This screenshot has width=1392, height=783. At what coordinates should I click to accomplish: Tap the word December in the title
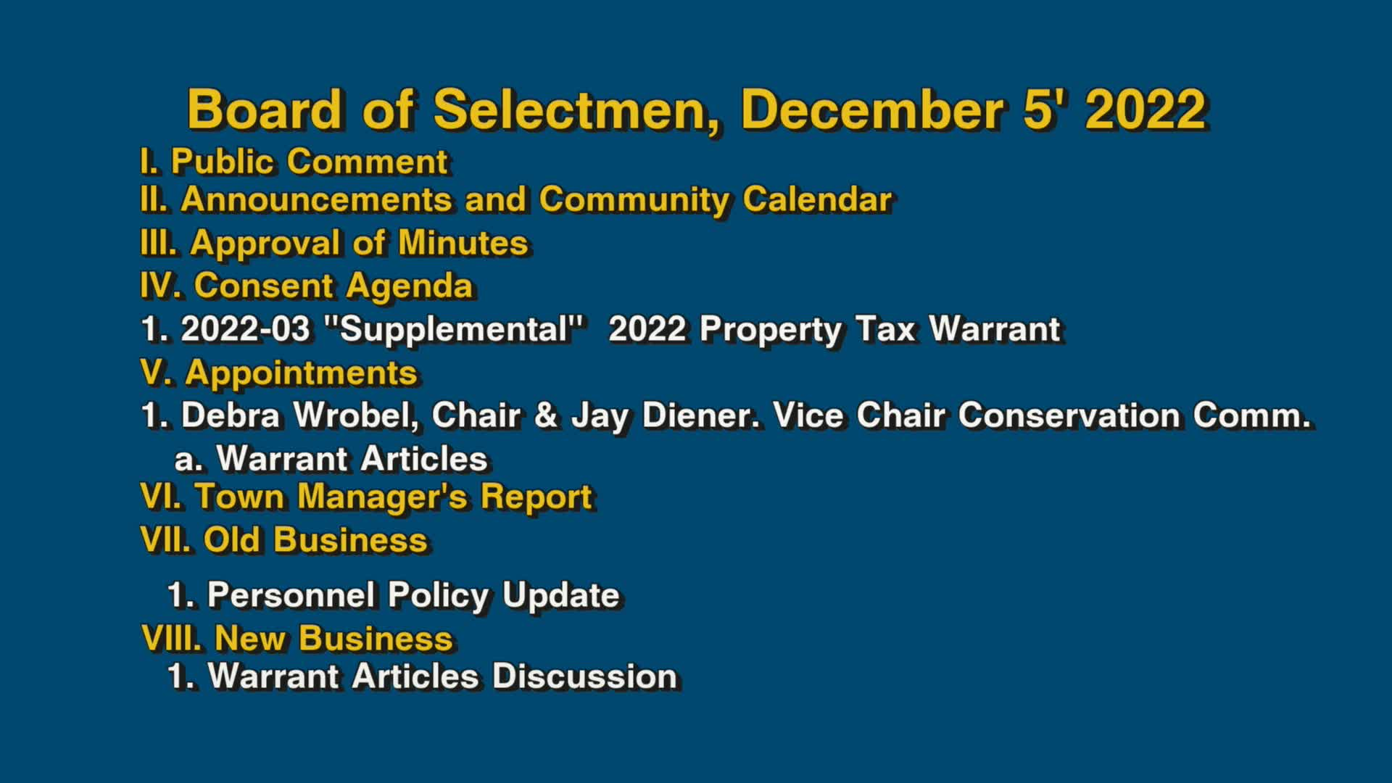[x=872, y=109]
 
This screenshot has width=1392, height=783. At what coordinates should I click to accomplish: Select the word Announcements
[x=316, y=199]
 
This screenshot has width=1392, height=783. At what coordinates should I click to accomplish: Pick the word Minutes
[x=463, y=243]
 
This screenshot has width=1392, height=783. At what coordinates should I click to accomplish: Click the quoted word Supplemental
[x=455, y=329]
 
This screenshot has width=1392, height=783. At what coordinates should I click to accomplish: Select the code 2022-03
[x=245, y=329]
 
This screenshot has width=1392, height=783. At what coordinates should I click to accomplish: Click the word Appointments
[x=301, y=373]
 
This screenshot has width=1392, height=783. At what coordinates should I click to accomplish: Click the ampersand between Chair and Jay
[x=546, y=415]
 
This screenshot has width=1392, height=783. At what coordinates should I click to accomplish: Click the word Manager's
[x=382, y=497]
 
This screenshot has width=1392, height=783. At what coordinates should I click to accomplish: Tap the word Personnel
[x=291, y=595]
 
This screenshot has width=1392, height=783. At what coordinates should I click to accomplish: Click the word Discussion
[x=584, y=676]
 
